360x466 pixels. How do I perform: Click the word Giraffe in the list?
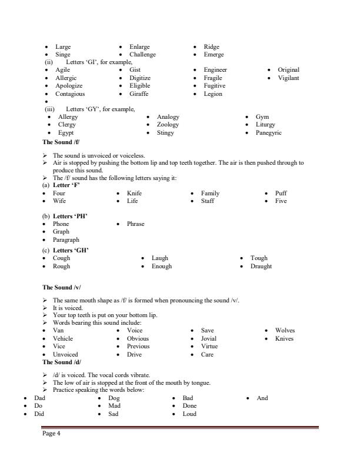pos(139,94)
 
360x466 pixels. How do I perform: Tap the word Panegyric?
pos(268,133)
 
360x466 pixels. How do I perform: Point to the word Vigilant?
pos(288,78)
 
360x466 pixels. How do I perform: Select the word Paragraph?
pos(66,240)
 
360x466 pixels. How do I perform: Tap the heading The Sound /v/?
pos(62,288)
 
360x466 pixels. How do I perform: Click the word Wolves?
pos(285,331)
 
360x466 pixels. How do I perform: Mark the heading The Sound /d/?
pos(62,362)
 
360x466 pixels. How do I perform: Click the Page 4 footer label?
pos(51,434)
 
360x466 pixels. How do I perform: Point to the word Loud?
pos(189,414)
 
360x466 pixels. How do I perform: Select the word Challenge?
pos(142,55)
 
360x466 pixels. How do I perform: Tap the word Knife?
pos(134,193)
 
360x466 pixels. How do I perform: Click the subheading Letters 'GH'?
pos(71,251)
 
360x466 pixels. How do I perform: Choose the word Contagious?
pos(70,94)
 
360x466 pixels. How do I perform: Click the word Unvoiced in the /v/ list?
pos(65,355)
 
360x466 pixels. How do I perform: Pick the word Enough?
pos(162,266)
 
